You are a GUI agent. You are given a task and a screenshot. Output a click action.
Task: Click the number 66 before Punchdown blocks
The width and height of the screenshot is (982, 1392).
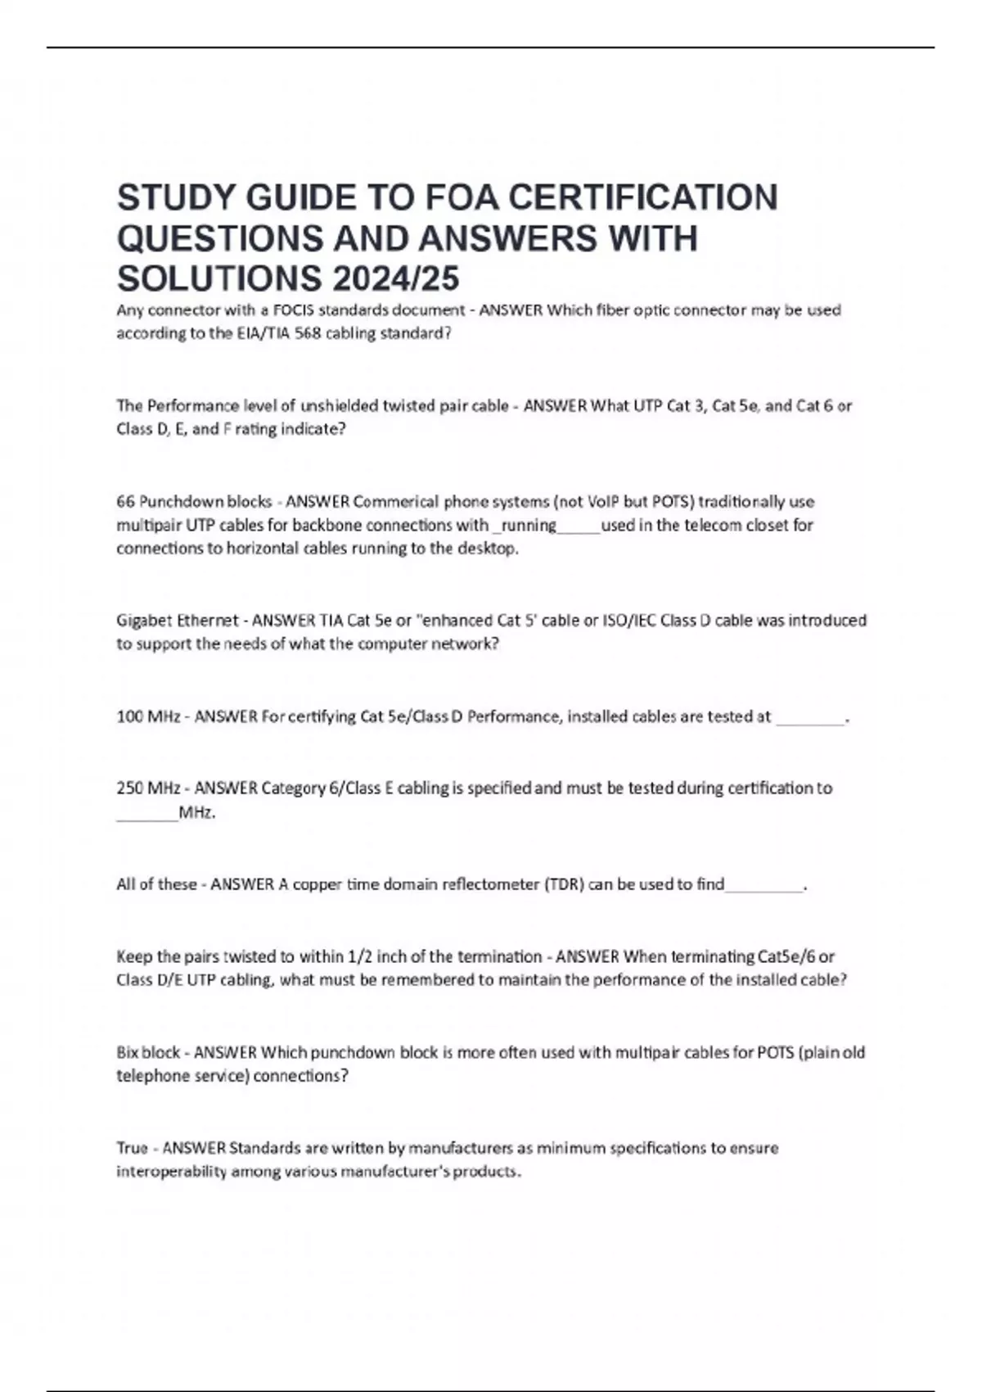coord(125,501)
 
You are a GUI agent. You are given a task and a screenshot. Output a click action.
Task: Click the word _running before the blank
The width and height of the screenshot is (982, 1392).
coord(525,525)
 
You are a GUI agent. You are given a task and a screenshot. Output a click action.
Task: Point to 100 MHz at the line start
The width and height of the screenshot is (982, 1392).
coord(148,717)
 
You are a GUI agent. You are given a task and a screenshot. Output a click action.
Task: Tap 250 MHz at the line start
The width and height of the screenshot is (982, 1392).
coord(148,789)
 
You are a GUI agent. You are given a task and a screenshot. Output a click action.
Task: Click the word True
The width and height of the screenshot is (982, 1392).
coord(132,1148)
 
